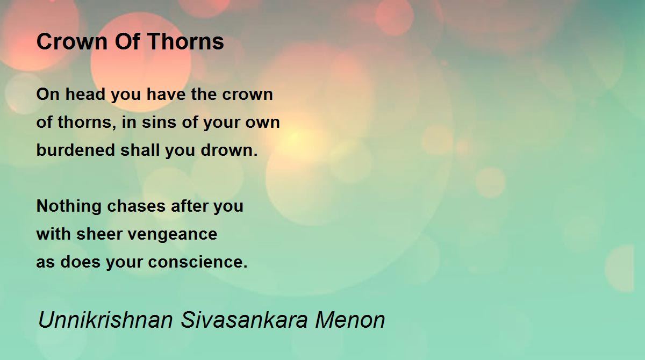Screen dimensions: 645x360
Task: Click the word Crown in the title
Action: click(72, 42)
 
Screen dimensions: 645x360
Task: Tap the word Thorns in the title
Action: click(186, 42)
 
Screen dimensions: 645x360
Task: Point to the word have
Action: click(166, 94)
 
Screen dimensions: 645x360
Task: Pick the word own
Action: click(263, 123)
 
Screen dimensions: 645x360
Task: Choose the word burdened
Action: click(76, 150)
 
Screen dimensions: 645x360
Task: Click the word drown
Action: click(229, 150)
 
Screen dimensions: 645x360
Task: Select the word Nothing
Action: click(69, 206)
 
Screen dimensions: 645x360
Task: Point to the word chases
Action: click(136, 206)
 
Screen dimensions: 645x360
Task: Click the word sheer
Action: click(99, 234)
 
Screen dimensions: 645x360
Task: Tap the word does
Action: click(80, 262)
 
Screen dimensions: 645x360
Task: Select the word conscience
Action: click(198, 262)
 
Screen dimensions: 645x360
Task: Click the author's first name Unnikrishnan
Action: click(105, 320)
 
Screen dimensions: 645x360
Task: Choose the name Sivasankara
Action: click(244, 320)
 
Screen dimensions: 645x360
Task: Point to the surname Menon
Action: click(350, 320)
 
